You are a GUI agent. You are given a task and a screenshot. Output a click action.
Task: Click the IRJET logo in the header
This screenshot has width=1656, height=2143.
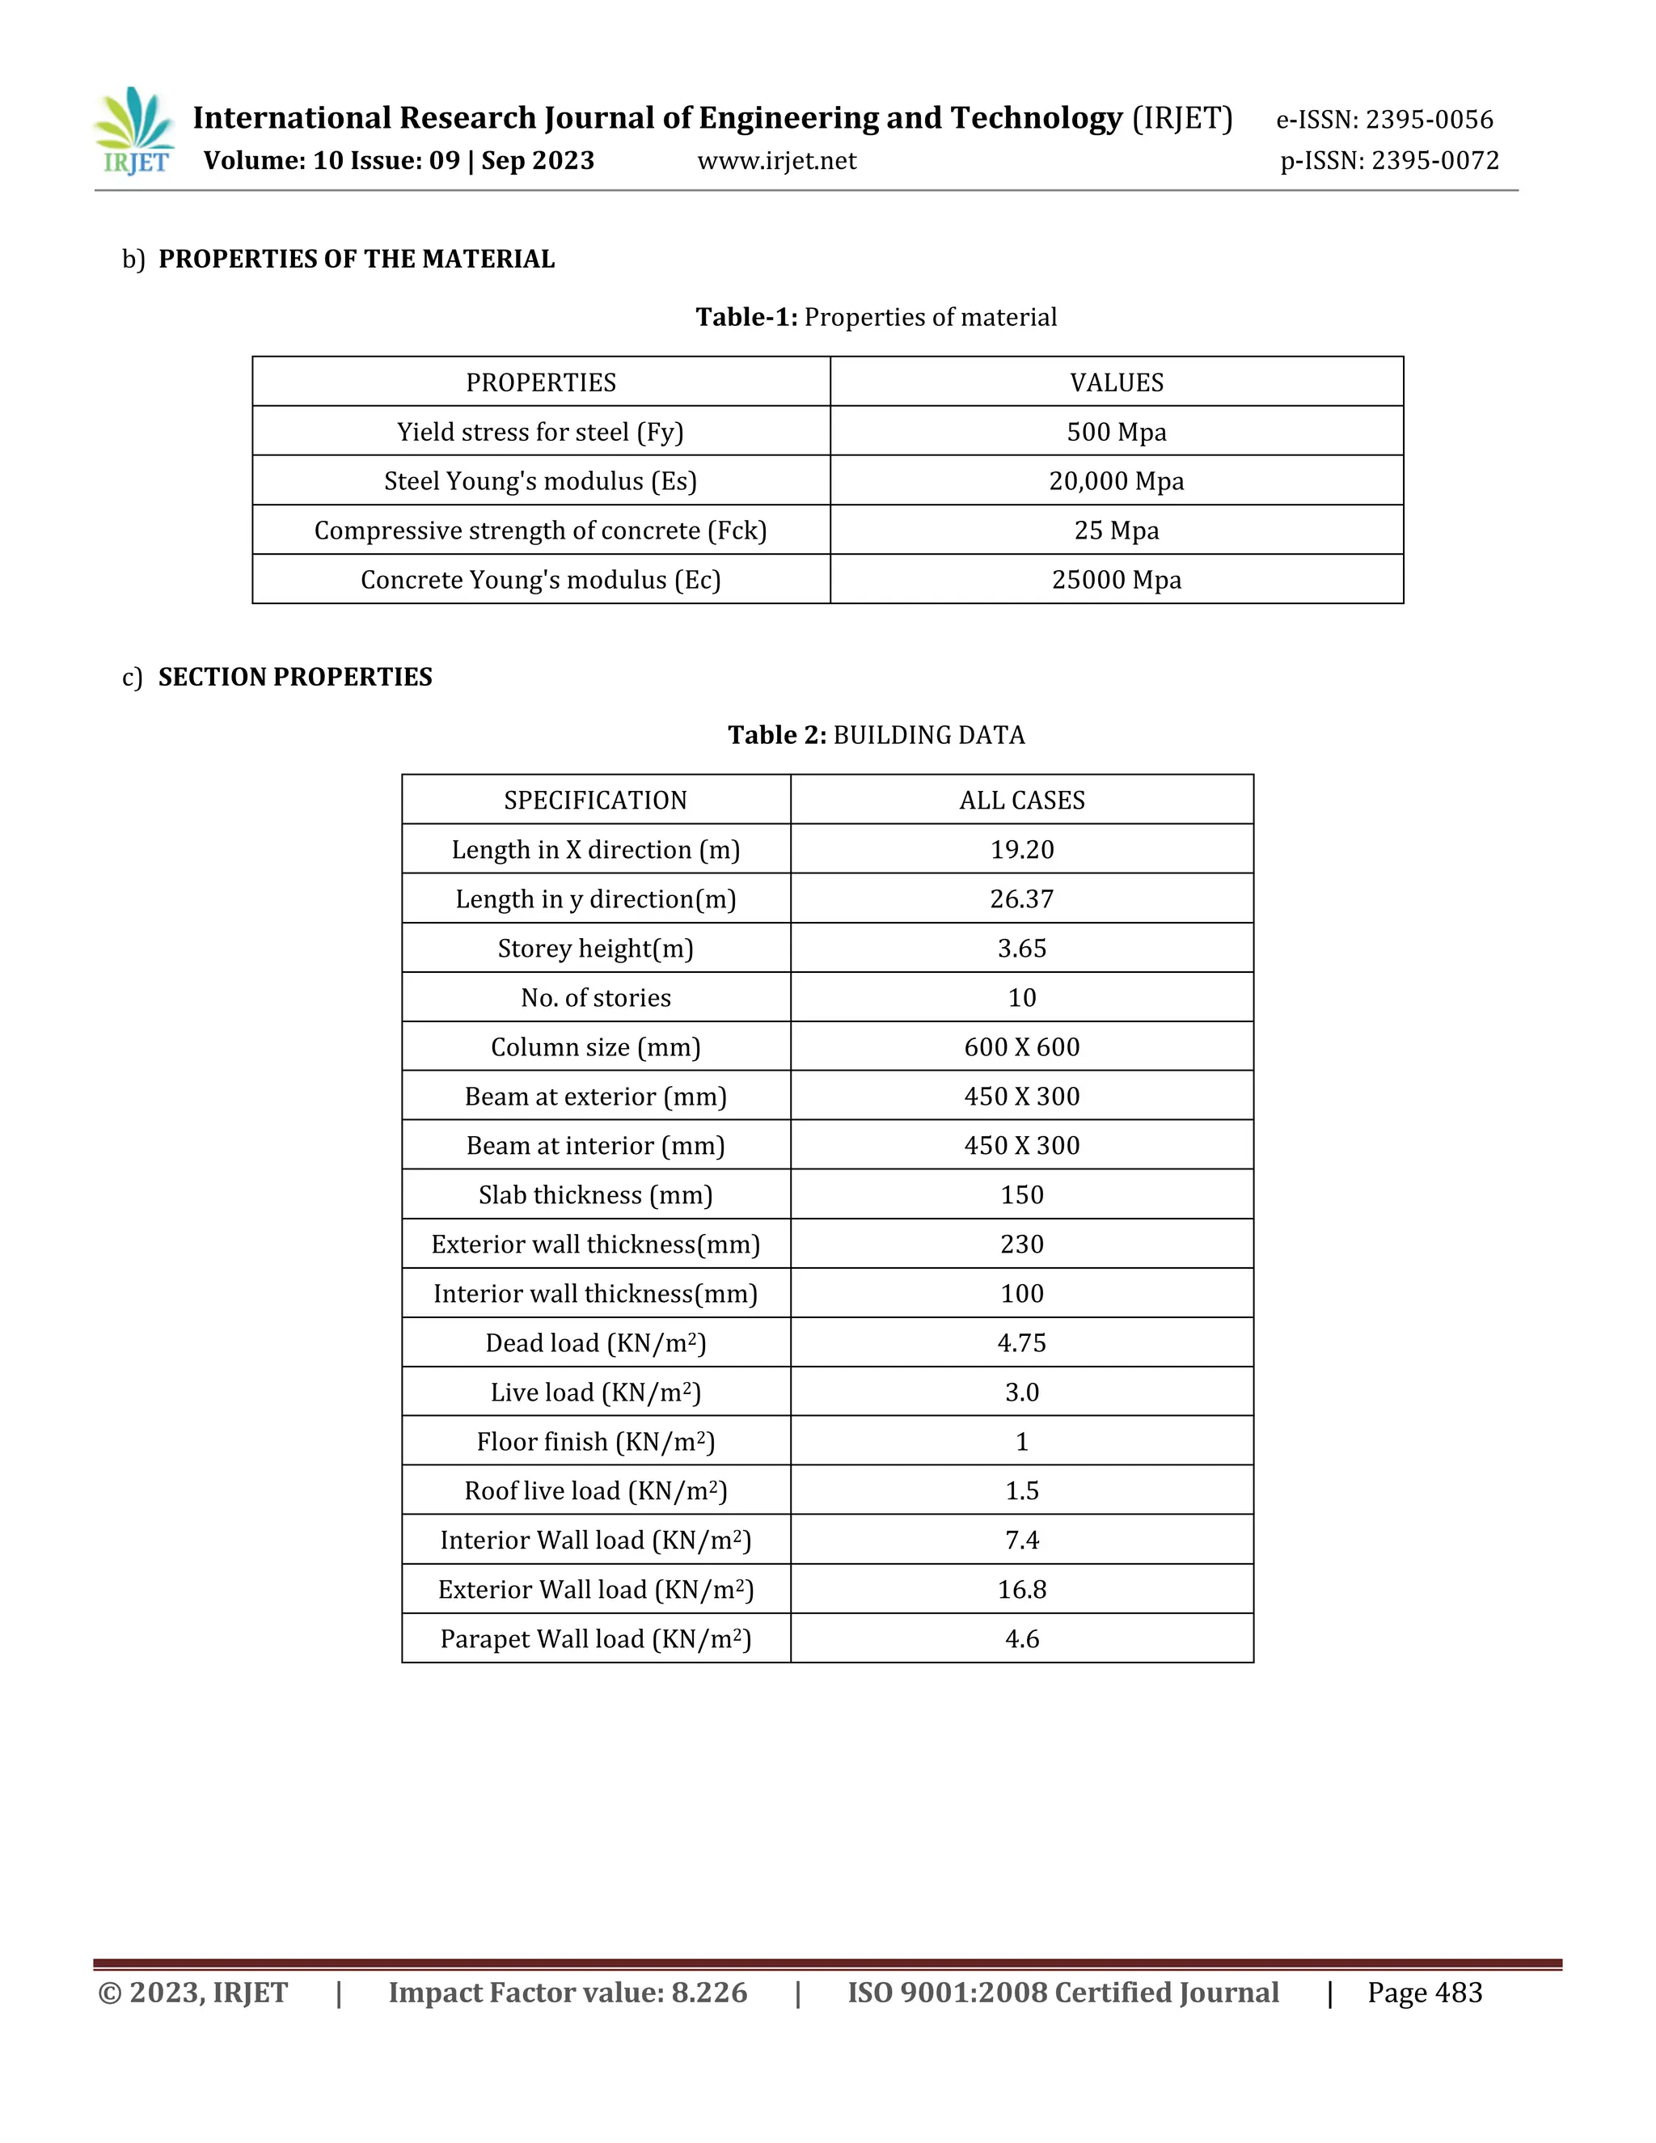(135, 133)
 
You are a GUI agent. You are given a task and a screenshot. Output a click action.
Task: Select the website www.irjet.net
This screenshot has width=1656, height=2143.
(776, 161)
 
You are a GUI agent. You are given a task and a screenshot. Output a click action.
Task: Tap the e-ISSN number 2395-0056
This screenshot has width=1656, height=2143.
(1429, 120)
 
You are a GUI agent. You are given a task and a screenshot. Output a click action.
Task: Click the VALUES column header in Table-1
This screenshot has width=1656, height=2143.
(1117, 383)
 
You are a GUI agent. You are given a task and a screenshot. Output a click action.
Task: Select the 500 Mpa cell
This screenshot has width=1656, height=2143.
(1117, 432)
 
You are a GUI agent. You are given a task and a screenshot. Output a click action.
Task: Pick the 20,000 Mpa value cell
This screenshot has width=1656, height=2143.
(1117, 481)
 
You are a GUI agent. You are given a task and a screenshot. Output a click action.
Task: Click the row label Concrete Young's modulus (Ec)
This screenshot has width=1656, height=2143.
(541, 580)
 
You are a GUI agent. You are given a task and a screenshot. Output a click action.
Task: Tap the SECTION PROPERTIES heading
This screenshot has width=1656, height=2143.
(294, 677)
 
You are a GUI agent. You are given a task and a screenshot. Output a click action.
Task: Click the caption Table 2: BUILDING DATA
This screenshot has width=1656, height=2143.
(876, 735)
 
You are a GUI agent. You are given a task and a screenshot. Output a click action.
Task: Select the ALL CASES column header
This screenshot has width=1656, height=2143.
(1021, 801)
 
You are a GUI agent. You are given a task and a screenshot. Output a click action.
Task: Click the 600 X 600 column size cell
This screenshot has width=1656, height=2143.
(1021, 1047)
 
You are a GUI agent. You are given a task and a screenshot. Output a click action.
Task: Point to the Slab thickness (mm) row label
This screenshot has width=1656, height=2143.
(595, 1195)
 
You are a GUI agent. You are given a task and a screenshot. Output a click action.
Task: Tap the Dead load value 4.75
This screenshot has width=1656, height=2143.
(1021, 1342)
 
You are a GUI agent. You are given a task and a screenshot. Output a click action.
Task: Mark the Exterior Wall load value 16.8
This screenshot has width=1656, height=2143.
(1021, 1590)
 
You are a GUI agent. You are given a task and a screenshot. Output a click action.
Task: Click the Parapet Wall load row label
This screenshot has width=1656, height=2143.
(595, 1638)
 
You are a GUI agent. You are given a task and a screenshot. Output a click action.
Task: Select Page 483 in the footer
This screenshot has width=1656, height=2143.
(1425, 1993)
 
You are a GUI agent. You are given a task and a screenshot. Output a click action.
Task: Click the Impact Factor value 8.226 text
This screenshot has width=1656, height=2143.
(567, 1993)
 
